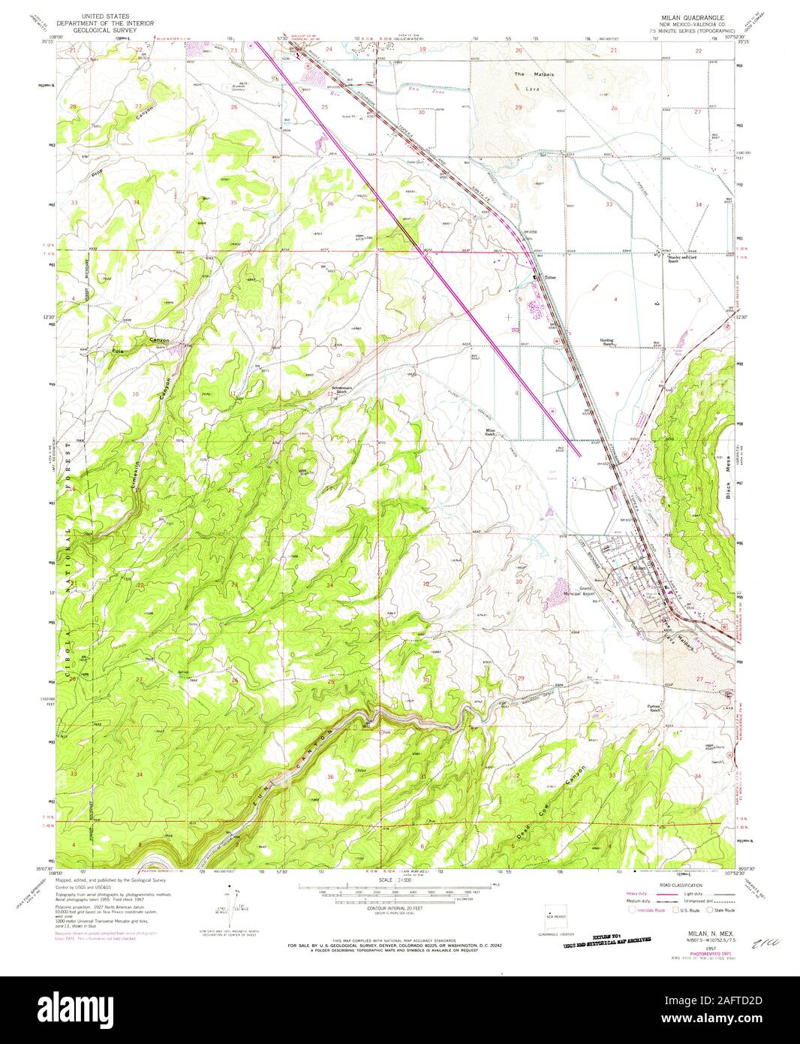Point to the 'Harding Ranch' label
tap(606, 342)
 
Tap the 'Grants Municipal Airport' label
tap(582, 591)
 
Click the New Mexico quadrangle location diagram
tap(555, 914)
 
